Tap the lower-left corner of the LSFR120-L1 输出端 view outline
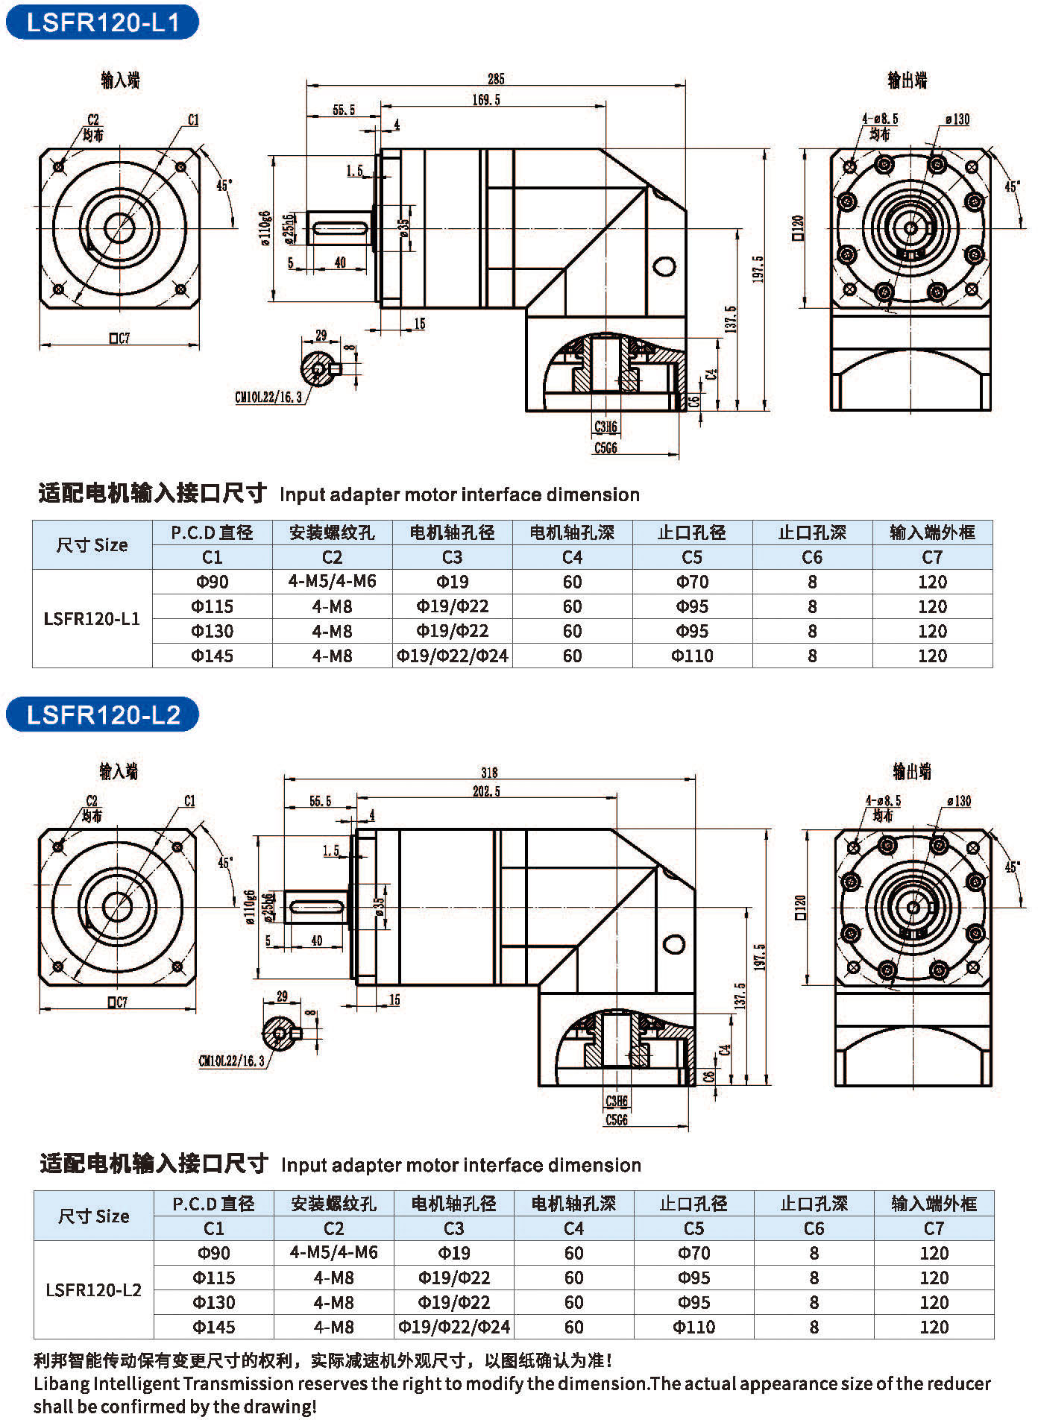coord(831,410)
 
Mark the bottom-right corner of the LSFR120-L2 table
coord(994,1339)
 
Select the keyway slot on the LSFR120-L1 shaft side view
coord(339,227)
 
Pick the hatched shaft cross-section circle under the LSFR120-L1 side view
coord(319,368)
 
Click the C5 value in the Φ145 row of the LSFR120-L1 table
coord(692,656)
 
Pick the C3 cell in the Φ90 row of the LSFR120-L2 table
coord(454,1253)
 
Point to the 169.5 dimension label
coord(485,99)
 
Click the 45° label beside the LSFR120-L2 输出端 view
coord(1012,867)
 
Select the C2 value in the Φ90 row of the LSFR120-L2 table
coord(333,1253)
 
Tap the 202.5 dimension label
coord(486,791)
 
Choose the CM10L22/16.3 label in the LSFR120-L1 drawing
coord(268,398)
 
